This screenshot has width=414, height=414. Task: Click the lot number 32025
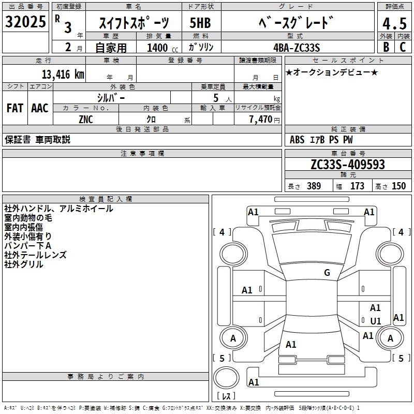[26, 22]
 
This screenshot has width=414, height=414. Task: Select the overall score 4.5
[394, 24]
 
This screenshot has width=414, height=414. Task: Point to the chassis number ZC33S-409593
[348, 165]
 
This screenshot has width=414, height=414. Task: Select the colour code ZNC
[86, 119]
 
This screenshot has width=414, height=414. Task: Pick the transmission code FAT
[15, 108]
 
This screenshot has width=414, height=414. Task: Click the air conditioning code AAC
[40, 108]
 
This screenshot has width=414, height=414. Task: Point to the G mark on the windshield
[327, 273]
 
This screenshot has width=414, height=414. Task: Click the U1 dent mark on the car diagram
[376, 321]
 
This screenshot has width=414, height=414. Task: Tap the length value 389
[313, 186]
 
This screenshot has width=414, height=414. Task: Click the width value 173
[357, 186]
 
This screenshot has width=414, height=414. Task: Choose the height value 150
[398, 186]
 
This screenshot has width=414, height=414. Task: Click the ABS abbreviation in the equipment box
[297, 140]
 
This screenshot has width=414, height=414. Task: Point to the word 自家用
[111, 48]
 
